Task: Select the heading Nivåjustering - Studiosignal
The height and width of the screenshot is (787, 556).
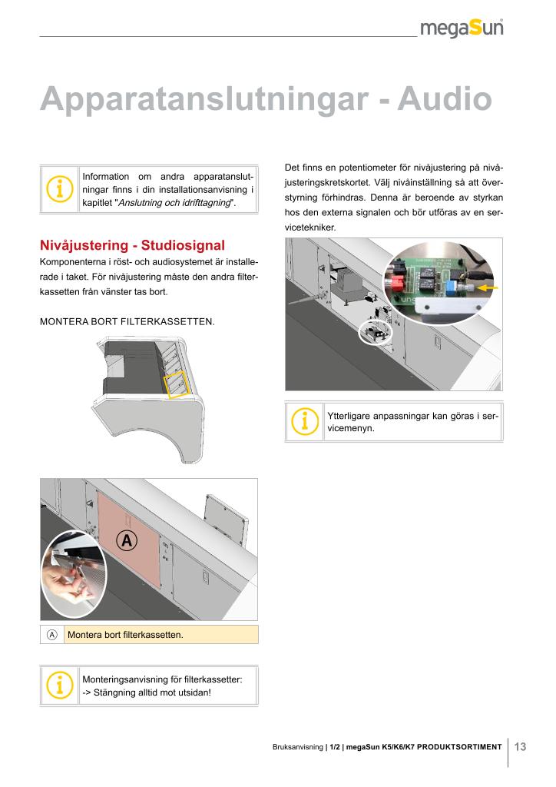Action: click(132, 246)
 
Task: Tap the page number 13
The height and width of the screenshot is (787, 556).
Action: click(520, 745)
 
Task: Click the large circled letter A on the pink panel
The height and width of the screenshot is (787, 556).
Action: click(127, 540)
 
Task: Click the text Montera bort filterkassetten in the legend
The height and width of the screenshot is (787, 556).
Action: click(126, 635)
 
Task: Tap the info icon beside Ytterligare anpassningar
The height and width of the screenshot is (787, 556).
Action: click(305, 421)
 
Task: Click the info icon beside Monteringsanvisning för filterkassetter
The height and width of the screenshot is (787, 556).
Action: click(59, 685)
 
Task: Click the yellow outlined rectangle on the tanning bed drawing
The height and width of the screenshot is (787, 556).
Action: click(177, 384)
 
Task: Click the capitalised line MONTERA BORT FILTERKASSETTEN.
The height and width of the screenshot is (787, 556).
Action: click(127, 320)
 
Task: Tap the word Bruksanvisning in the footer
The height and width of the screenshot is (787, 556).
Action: click(298, 746)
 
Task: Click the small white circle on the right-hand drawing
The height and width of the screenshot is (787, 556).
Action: click(375, 334)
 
